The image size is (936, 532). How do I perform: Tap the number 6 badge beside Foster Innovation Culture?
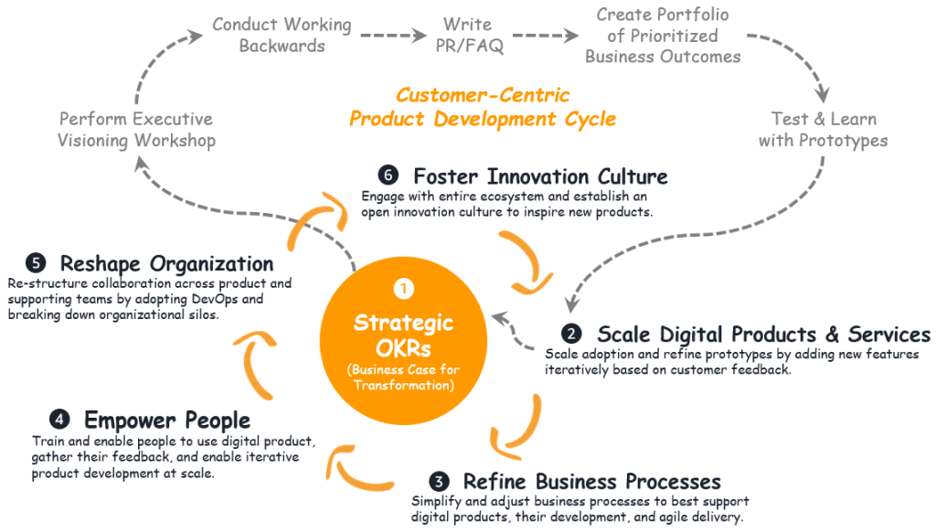click(388, 176)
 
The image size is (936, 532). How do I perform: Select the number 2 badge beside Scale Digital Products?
click(571, 334)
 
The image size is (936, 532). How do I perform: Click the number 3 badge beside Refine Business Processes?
click(439, 482)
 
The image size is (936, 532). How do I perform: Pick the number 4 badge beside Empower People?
click(59, 420)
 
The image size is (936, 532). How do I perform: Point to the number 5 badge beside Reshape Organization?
click(36, 264)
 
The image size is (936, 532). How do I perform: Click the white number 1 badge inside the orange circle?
click(404, 289)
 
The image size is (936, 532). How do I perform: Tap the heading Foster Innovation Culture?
click(540, 176)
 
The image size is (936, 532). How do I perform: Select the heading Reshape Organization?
click(166, 264)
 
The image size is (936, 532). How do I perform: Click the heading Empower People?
click(167, 420)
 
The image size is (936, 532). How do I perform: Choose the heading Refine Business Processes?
click(591, 482)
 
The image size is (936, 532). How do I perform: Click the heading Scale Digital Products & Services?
click(763, 334)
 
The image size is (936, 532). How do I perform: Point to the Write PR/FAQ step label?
click(467, 35)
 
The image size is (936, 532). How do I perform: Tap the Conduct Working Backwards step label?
click(282, 35)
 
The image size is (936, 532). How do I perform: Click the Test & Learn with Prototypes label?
click(823, 130)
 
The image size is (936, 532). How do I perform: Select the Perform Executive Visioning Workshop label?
click(136, 130)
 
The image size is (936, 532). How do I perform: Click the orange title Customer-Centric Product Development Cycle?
click(483, 107)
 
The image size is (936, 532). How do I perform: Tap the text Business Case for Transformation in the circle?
click(404, 378)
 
